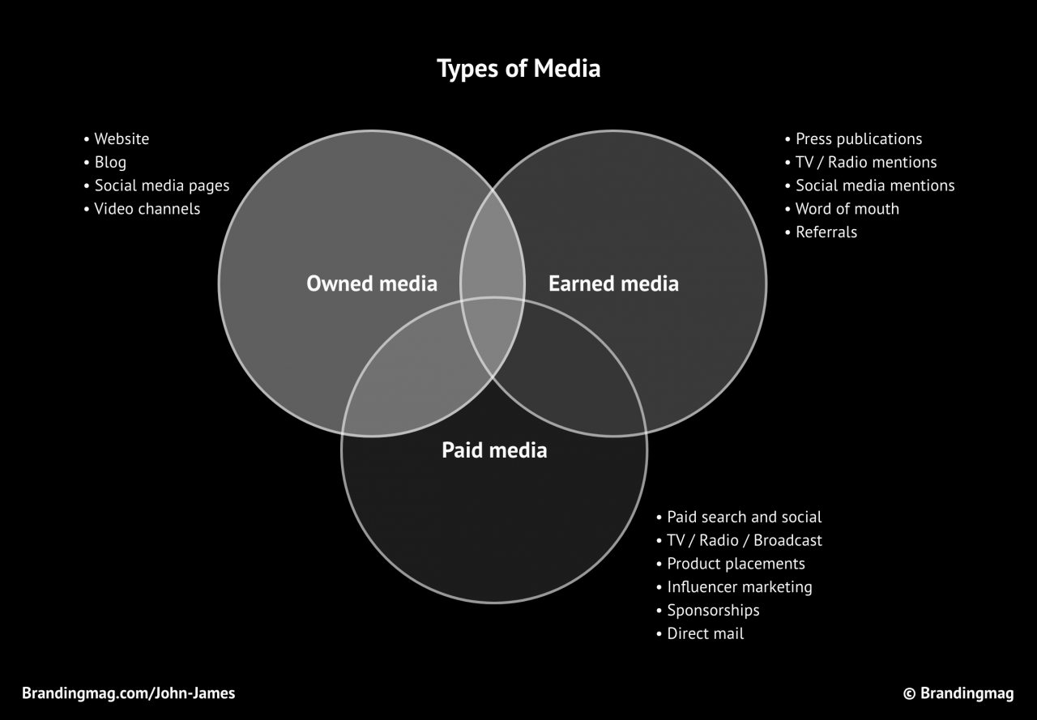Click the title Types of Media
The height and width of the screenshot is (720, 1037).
point(518,69)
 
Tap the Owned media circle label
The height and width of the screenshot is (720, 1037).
point(372,283)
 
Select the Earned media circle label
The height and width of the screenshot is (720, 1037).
point(613,283)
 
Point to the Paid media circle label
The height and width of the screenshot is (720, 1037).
point(494,450)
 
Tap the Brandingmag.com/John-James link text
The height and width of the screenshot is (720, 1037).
point(129,693)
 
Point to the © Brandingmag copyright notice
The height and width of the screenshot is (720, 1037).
point(958,693)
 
